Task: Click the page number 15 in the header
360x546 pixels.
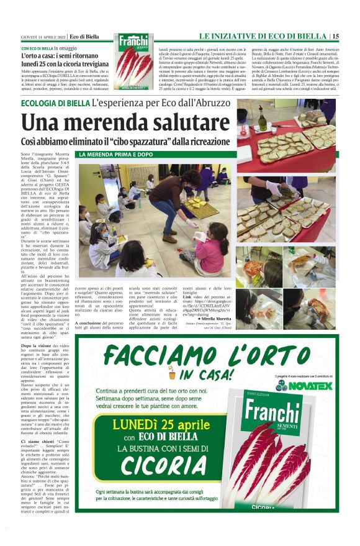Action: click(335, 37)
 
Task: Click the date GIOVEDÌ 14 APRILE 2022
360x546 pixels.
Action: click(43, 37)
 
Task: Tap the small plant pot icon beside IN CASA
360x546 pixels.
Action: click(172, 375)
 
